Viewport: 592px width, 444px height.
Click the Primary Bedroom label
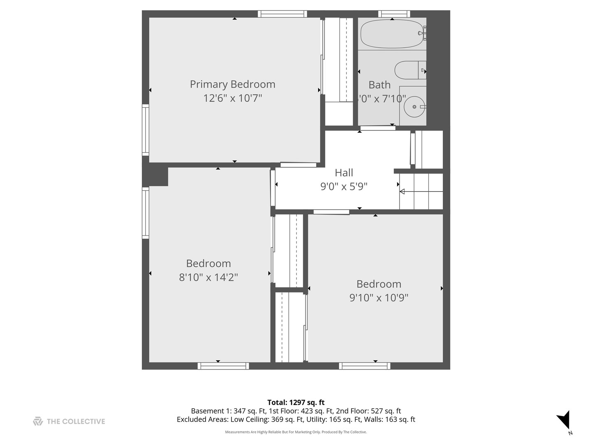(x=232, y=84)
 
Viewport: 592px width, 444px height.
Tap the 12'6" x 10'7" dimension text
(x=232, y=98)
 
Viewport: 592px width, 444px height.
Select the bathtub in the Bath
(x=392, y=34)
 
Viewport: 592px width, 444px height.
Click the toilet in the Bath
(x=409, y=70)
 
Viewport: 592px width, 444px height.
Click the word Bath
(x=379, y=85)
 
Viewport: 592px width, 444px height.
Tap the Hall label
(x=344, y=173)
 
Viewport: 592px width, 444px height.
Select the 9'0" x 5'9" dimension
(x=344, y=187)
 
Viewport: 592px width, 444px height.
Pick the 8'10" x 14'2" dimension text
(x=208, y=277)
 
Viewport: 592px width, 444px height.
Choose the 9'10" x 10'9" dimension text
(x=379, y=298)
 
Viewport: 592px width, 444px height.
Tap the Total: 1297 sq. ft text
(x=296, y=402)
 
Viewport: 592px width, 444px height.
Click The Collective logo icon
(x=38, y=421)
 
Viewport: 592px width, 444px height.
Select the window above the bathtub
(x=394, y=14)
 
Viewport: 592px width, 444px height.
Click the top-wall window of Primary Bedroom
(x=282, y=14)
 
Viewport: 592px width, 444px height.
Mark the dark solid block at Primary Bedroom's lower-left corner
(x=155, y=176)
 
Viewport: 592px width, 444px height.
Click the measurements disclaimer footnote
(x=296, y=432)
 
